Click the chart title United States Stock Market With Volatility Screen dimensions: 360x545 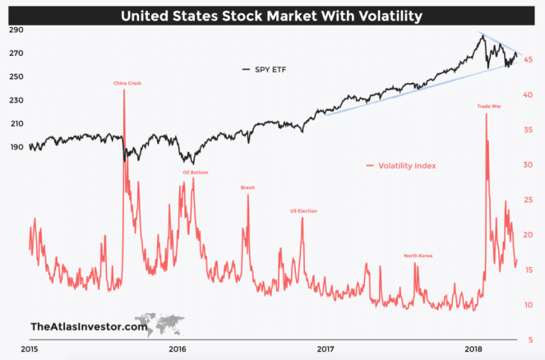272,14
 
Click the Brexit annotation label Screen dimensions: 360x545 247,187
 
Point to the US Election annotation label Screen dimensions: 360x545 303,211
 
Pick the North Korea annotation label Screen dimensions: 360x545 418,256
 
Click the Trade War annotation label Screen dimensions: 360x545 490,106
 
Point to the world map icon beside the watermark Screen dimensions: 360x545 162,322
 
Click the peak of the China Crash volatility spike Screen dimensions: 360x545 124,90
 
